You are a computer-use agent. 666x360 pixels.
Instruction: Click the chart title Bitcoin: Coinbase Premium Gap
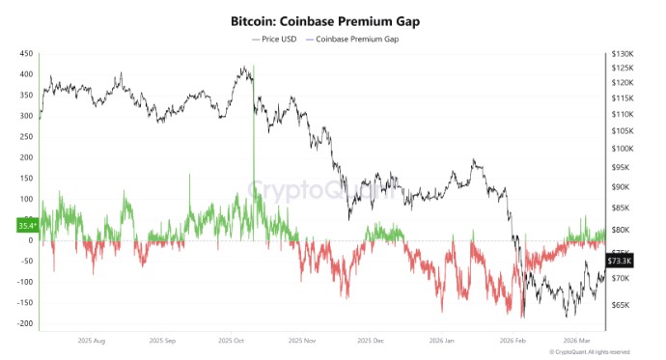coord(332,20)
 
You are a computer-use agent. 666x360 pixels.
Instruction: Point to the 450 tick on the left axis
coord(27,53)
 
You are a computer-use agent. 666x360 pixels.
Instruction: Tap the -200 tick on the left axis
coord(25,324)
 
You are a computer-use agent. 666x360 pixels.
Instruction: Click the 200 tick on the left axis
coord(27,157)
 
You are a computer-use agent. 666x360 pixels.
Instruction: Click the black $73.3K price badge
coord(619,261)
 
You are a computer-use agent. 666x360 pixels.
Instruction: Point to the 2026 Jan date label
coord(440,341)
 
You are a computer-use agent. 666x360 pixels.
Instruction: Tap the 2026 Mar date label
coord(577,341)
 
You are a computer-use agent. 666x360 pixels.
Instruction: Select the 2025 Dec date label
coord(372,341)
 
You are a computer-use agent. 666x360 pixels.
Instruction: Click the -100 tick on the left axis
coord(25,282)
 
